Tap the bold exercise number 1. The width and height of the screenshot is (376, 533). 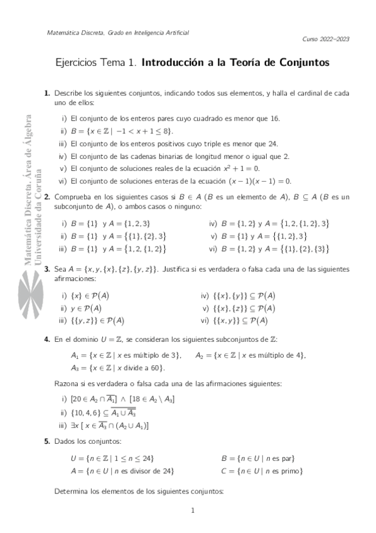pyautogui.click(x=47, y=93)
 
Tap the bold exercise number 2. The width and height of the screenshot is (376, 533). pyautogui.click(x=47, y=197)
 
